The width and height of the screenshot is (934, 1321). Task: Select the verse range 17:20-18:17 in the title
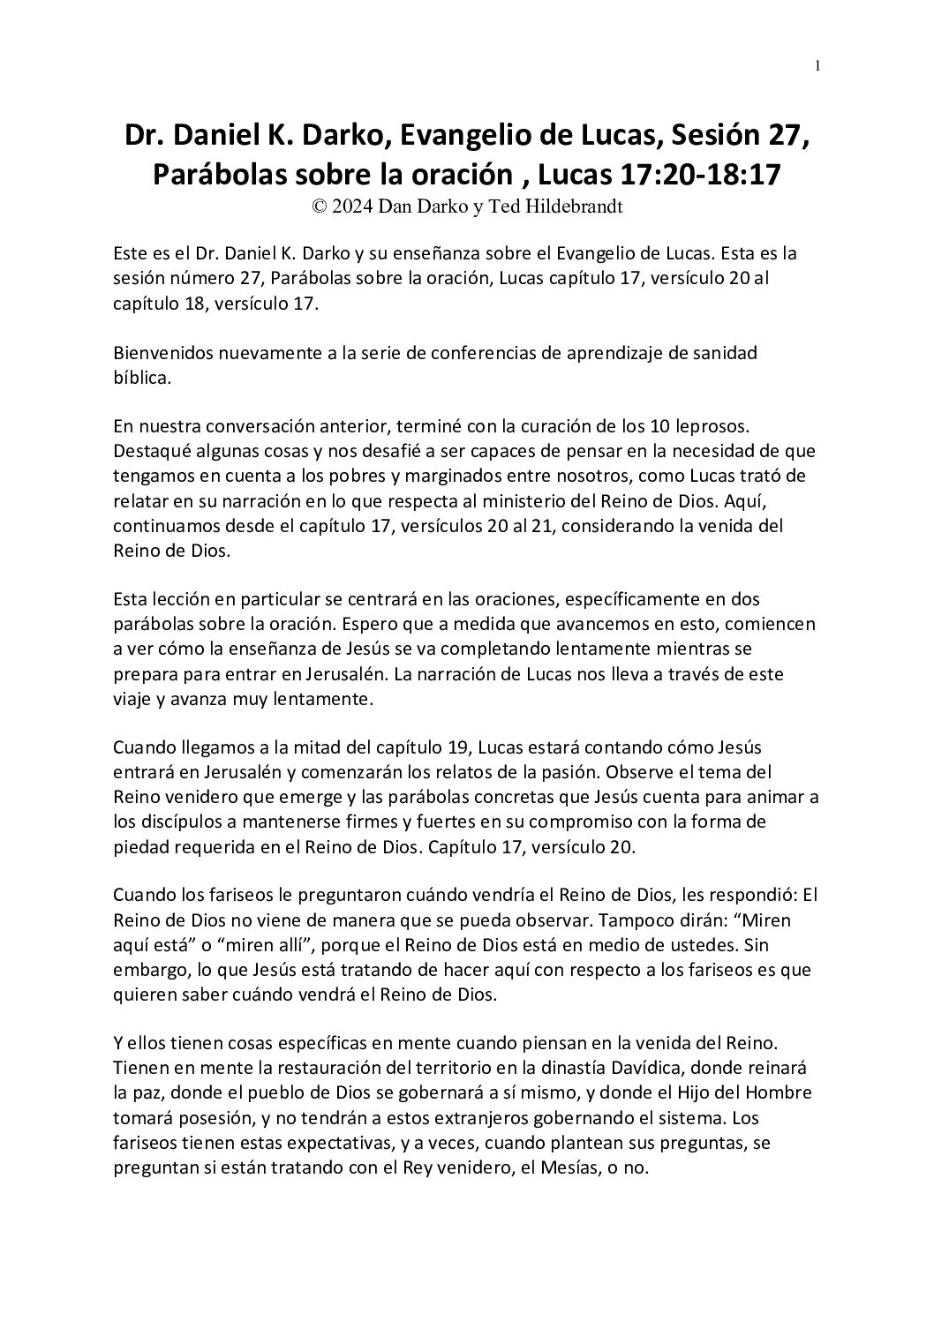pos(697,175)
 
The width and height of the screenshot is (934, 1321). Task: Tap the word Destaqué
pos(152,451)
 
